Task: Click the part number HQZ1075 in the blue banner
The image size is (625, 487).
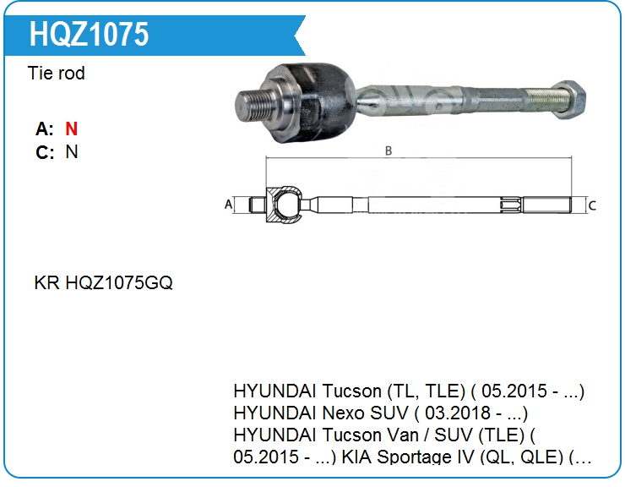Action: [89, 35]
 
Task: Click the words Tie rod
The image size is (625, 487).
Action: [57, 73]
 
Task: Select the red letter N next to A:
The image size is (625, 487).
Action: [71, 129]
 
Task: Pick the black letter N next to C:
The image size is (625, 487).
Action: [72, 151]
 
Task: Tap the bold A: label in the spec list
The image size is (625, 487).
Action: [45, 129]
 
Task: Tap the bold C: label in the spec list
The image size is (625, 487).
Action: [45, 152]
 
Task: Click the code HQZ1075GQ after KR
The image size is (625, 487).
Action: [119, 282]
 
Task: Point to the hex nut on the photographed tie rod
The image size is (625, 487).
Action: [570, 100]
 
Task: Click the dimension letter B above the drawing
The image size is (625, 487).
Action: [389, 150]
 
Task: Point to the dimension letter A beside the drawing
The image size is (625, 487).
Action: [228, 205]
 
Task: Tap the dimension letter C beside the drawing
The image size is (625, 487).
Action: [592, 205]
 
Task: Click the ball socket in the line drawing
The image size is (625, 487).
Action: [284, 205]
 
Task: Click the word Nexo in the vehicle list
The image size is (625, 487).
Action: [343, 413]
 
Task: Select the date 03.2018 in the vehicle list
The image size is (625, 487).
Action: [457, 413]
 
